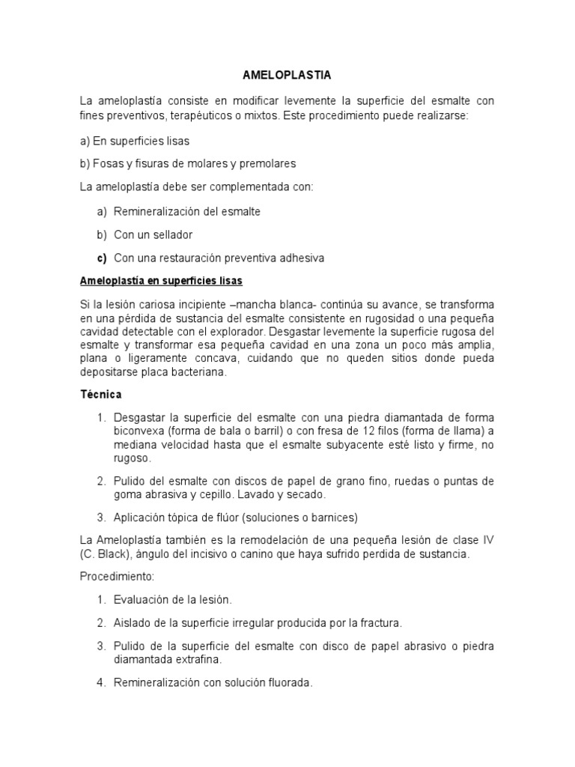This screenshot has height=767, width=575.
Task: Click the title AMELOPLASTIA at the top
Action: pyautogui.click(x=287, y=76)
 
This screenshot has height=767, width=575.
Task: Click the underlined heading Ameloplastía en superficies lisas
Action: pyautogui.click(x=161, y=281)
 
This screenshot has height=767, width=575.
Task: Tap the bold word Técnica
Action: pyautogui.click(x=100, y=393)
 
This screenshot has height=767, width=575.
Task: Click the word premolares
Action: pyautogui.click(x=270, y=163)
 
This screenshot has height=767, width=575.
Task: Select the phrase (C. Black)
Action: pyautogui.click(x=106, y=554)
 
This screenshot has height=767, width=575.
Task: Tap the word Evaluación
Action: pyautogui.click(x=142, y=599)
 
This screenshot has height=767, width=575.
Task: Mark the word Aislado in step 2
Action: pyautogui.click(x=132, y=622)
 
